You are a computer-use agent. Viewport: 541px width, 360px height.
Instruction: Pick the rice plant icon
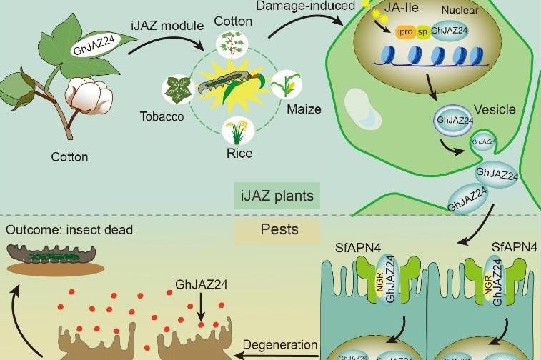(235, 131)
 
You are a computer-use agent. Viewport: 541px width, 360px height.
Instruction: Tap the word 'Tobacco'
(162, 116)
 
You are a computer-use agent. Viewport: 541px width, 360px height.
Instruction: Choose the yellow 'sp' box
(422, 33)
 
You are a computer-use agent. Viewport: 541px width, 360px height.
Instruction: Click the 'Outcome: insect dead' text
(70, 230)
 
